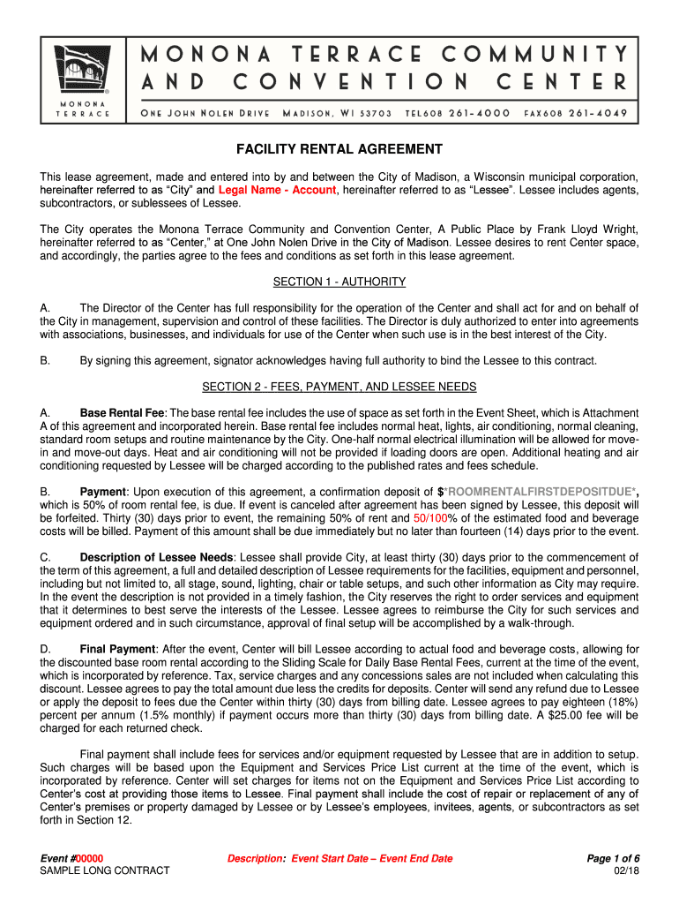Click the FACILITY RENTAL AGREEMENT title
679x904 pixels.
click(339, 149)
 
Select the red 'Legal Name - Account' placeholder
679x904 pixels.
click(277, 190)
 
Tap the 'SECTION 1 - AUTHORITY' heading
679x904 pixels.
click(339, 282)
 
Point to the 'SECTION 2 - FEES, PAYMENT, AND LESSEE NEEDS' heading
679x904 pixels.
click(339, 387)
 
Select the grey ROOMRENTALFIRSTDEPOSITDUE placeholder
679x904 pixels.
click(540, 492)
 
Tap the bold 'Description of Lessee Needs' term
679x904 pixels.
click(157, 558)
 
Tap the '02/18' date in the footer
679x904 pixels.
click(626, 871)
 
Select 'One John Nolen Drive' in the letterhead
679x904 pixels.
click(205, 114)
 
